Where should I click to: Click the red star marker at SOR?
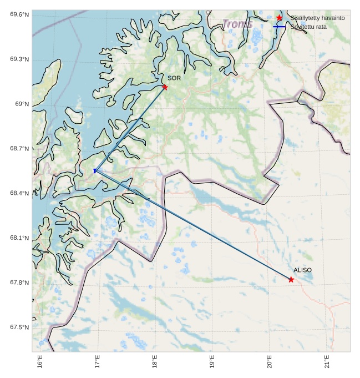pyautogui.click(x=165, y=87)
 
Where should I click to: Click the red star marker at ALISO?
pyautogui.click(x=291, y=279)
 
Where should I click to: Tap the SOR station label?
pyautogui.click(x=174, y=78)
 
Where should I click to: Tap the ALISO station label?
pyautogui.click(x=302, y=270)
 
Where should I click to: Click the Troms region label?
pyautogui.click(x=238, y=24)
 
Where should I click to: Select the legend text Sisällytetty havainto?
pyautogui.click(x=317, y=18)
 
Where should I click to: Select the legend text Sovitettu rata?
pyautogui.click(x=308, y=27)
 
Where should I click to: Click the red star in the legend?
pyautogui.click(x=279, y=18)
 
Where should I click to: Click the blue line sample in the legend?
pyautogui.click(x=279, y=27)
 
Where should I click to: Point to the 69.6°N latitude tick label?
pyautogui.click(x=19, y=14)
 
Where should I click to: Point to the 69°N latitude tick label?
pyautogui.click(x=22, y=104)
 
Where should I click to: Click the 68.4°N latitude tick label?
pyautogui.click(x=19, y=193)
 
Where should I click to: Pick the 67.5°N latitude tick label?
pyautogui.click(x=19, y=327)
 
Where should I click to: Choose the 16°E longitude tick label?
pyautogui.click(x=40, y=361)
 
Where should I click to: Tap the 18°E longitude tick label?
pyautogui.click(x=155, y=361)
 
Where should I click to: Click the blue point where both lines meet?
pyautogui.click(x=95, y=171)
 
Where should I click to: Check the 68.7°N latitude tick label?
pyautogui.click(x=19, y=149)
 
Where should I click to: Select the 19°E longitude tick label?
pyautogui.click(x=212, y=361)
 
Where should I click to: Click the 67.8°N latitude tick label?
pyautogui.click(x=19, y=283)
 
